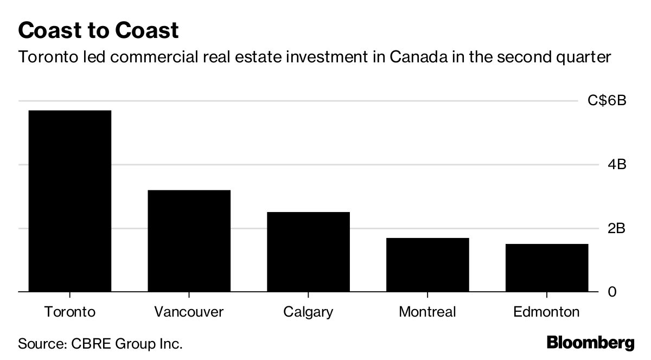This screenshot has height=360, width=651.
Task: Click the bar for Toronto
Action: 69,201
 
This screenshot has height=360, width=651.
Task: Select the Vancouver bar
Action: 189,241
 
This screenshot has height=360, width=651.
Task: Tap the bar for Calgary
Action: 308,252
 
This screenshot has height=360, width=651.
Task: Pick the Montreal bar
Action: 427,265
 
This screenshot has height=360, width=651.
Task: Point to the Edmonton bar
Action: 546,268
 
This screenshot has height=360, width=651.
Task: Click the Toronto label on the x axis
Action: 69,312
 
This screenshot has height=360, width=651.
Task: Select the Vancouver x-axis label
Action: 189,312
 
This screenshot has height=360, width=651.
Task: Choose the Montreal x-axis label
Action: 427,312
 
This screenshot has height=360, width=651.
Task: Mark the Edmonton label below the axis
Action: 546,312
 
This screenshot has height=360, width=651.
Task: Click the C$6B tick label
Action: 607,101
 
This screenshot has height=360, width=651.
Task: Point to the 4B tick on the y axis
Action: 617,164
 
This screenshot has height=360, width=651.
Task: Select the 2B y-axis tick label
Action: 617,228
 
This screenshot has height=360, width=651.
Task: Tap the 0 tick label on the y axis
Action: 612,292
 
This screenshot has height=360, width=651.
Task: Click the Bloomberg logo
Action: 590,343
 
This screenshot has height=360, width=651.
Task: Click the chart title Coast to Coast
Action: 98,30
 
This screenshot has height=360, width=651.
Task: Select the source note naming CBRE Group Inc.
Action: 100,343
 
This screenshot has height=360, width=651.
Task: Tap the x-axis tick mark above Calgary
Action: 308,295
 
